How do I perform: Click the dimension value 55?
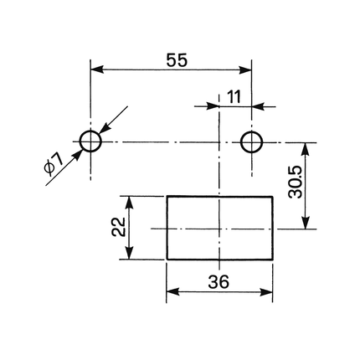click(177, 60)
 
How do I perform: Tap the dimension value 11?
click(234, 97)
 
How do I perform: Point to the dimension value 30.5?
click(296, 183)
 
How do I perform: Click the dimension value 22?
click(119, 227)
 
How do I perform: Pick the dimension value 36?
click(219, 281)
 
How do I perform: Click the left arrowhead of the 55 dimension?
click(97, 69)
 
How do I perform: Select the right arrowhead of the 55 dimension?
click(245, 69)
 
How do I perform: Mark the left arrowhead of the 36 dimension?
click(172, 292)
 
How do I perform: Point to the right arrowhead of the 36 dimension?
click(266, 292)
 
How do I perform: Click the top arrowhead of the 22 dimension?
click(129, 203)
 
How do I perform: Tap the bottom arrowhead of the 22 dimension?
click(129, 253)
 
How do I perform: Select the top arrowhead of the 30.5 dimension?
click(306, 149)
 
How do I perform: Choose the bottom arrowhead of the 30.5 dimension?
click(306, 223)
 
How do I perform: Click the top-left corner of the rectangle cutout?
click(167, 197)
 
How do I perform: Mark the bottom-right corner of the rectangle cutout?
click(272, 260)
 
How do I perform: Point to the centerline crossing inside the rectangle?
click(219, 229)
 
